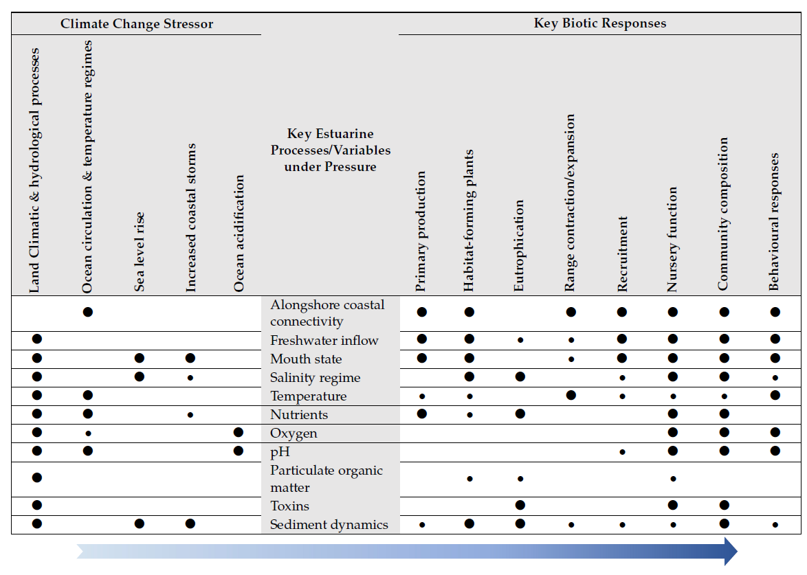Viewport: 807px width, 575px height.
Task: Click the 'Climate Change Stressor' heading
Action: [x=137, y=24]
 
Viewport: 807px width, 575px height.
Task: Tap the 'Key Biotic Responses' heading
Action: [x=599, y=23]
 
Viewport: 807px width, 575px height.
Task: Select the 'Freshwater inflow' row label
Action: [x=324, y=341]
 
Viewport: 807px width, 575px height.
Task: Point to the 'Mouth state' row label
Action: [x=306, y=359]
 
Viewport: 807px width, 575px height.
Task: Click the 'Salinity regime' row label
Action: [x=315, y=378]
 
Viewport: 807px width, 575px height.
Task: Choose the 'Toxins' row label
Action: [x=289, y=506]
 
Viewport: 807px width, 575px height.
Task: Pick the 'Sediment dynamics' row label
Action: [x=329, y=525]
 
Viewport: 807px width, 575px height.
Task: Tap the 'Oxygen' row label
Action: [x=294, y=433]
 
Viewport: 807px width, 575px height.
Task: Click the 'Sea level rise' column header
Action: [x=140, y=251]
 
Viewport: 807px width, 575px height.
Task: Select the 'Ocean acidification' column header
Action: [x=239, y=234]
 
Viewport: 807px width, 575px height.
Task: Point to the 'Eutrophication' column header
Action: [x=519, y=245]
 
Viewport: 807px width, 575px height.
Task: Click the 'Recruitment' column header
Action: [x=622, y=254]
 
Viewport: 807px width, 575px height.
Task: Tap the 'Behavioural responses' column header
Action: [x=775, y=222]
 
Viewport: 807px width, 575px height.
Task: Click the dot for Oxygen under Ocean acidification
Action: [x=239, y=432]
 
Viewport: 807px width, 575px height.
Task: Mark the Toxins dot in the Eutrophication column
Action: [x=520, y=505]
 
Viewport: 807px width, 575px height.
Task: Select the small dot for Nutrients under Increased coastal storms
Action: [x=190, y=414]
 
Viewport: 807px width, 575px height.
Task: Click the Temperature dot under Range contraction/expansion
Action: [x=571, y=395]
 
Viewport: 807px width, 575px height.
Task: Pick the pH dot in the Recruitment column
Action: [x=622, y=452]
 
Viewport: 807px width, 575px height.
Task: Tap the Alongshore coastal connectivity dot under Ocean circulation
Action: [x=88, y=312]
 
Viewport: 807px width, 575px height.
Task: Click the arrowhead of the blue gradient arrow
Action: [x=730, y=551]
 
